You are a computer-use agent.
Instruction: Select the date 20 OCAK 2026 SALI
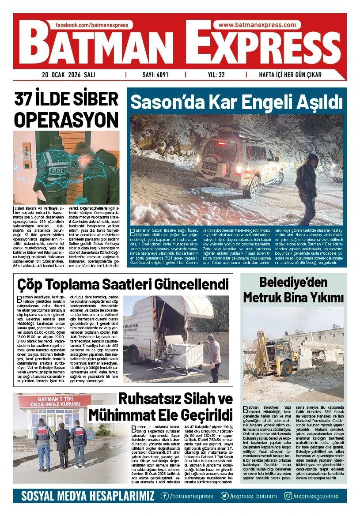(x=69, y=75)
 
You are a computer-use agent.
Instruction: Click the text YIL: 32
(x=216, y=75)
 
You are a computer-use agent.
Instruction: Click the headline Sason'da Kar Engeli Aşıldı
(x=237, y=102)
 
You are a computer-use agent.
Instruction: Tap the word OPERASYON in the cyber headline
(x=67, y=119)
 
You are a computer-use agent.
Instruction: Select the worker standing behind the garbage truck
(x=215, y=357)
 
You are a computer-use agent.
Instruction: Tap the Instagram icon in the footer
(x=288, y=496)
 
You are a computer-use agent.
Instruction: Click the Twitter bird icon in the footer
(x=225, y=496)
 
